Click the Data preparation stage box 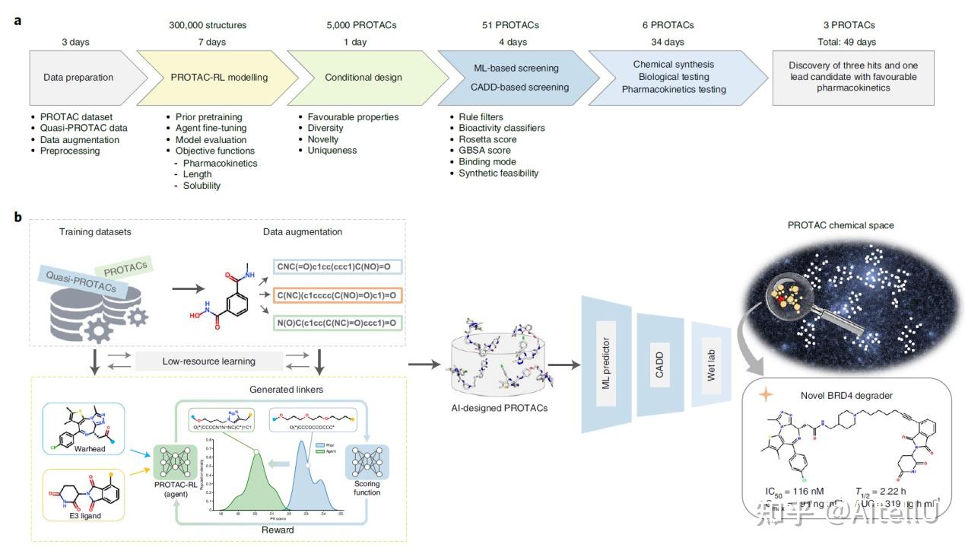click(x=78, y=77)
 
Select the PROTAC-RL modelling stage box click(x=219, y=77)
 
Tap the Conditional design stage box click(x=360, y=77)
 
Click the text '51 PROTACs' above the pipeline click(x=512, y=25)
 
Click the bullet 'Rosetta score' click(x=487, y=139)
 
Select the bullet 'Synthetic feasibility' click(x=498, y=173)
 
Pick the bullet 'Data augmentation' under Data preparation click(x=80, y=139)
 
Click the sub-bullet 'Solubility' click(x=202, y=186)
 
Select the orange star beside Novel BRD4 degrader click(x=765, y=394)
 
